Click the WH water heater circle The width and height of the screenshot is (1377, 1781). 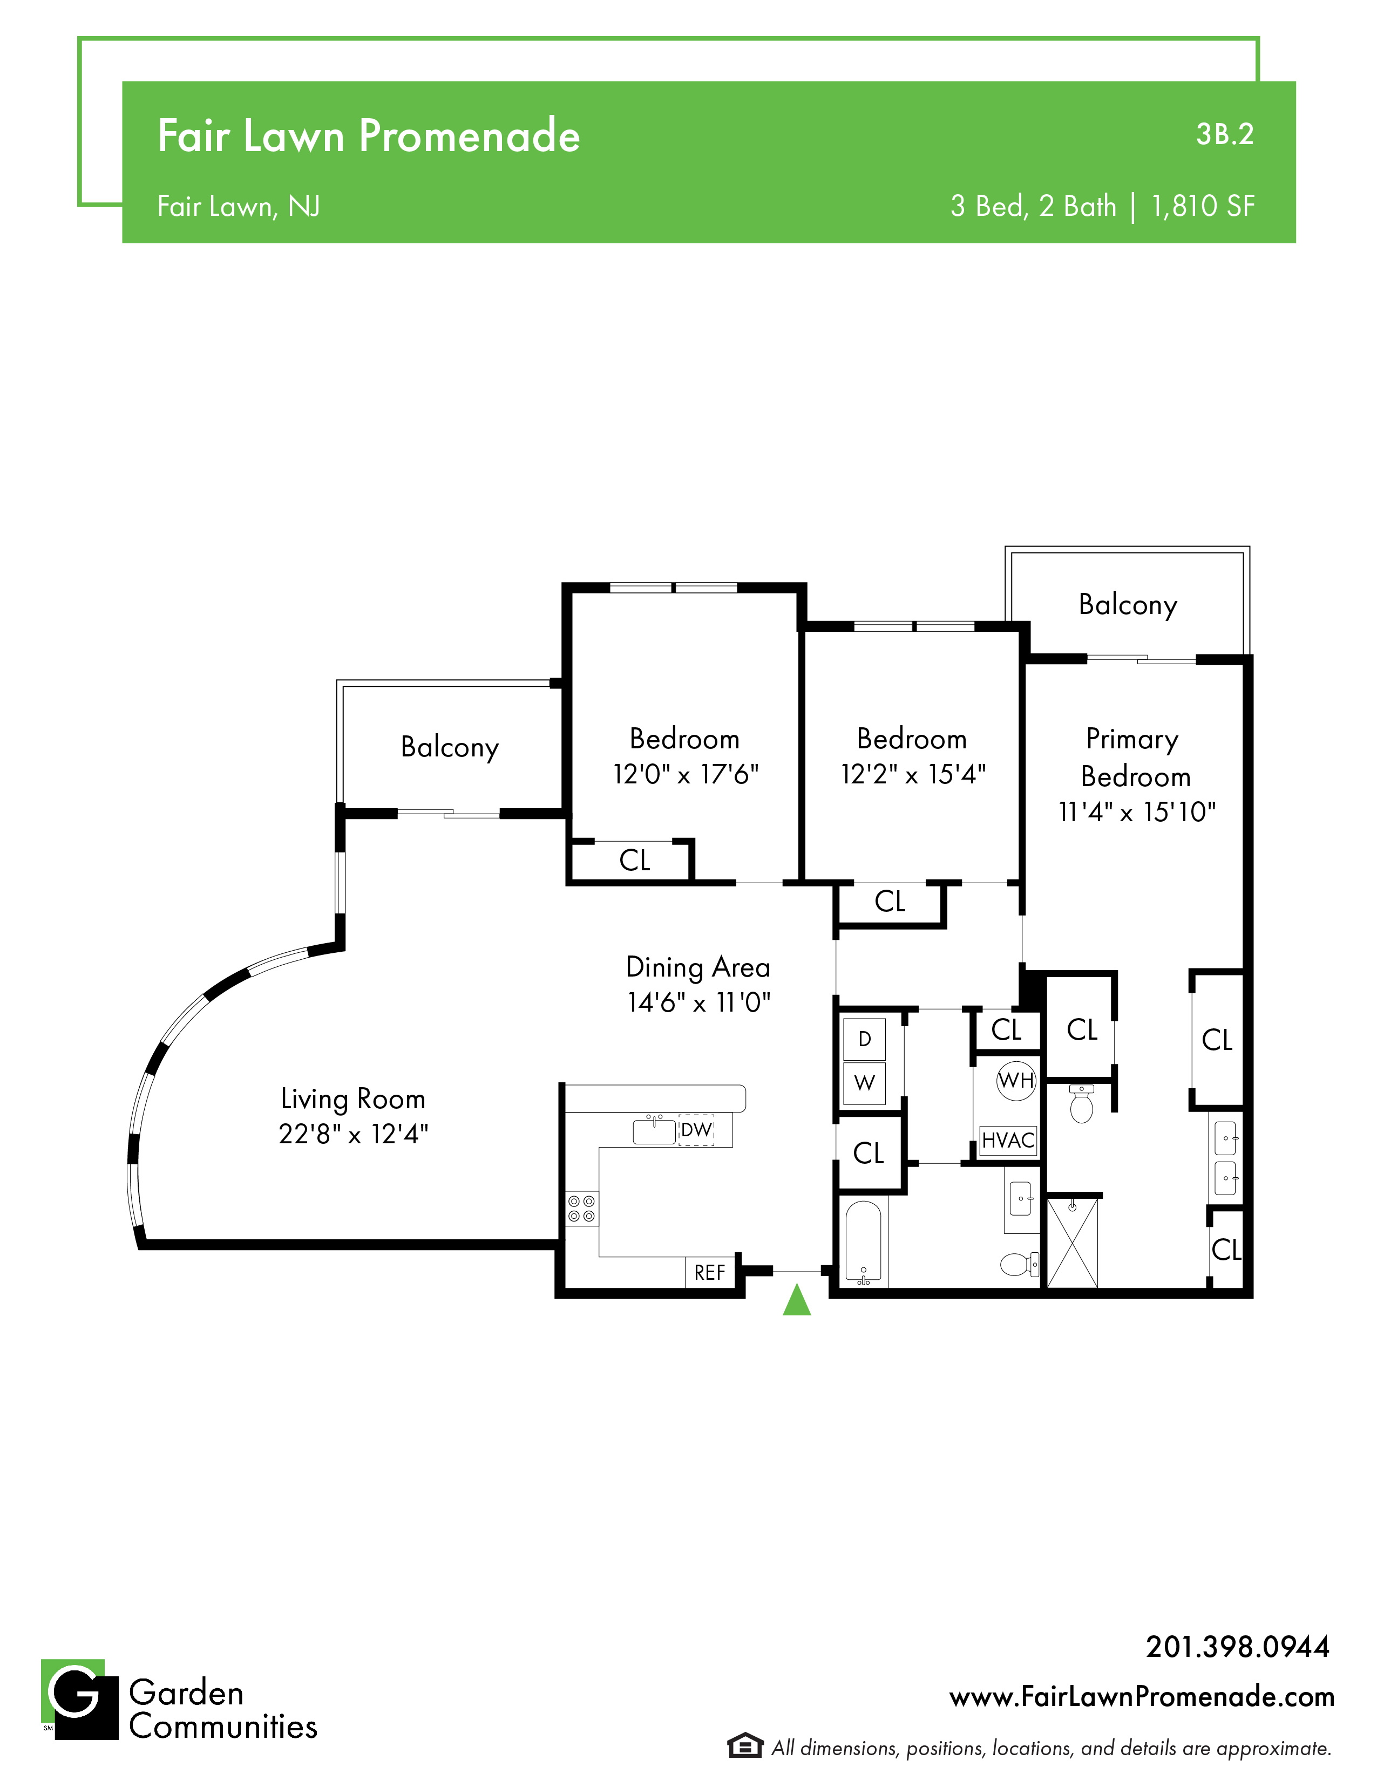pyautogui.click(x=1016, y=1081)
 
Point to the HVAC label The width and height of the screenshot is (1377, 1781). pyautogui.click(x=1008, y=1140)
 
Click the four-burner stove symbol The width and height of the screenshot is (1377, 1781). pyautogui.click(x=582, y=1209)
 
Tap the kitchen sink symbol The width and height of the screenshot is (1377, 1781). pyautogui.click(x=655, y=1131)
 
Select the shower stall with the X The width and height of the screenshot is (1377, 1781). pyautogui.click(x=1072, y=1243)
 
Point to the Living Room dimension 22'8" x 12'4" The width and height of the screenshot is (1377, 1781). pyautogui.click(x=353, y=1134)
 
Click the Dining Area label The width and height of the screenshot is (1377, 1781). pyautogui.click(x=698, y=967)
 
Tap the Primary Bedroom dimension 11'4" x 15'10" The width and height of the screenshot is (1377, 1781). pyautogui.click(x=1137, y=812)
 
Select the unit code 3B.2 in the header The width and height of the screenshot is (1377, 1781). pyautogui.click(x=1224, y=134)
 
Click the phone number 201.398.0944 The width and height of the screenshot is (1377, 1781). pyautogui.click(x=1238, y=1647)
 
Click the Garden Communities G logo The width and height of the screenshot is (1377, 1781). pyautogui.click(x=79, y=1700)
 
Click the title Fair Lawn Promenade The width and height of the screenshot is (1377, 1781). pyautogui.click(x=369, y=135)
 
